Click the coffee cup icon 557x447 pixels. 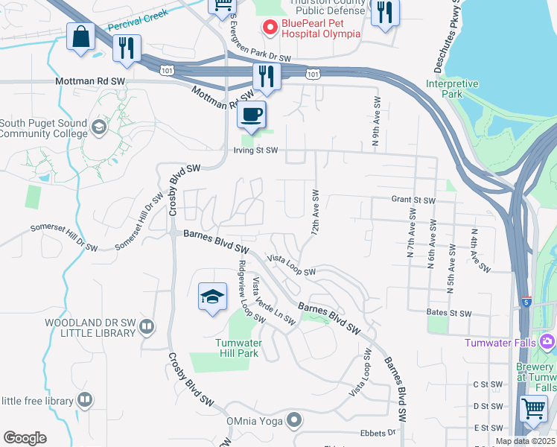pos(251,115)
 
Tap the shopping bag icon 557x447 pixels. pos(80,37)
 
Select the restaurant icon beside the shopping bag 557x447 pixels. pos(127,48)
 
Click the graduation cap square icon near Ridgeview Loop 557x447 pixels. pos(212,297)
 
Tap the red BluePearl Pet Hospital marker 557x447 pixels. pos(268,28)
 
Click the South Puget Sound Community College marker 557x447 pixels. pos(98,127)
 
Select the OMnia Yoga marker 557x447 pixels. pos(295,420)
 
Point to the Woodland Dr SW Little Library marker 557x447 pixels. pos(147,326)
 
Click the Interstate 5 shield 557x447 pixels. pos(526,302)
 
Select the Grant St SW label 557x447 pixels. pos(413,200)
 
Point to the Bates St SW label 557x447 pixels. pos(450,313)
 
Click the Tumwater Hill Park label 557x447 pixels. pos(237,348)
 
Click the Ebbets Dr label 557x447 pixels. pos(381,432)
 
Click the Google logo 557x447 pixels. pos(25,438)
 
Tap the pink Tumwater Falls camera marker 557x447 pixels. pos(548,342)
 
